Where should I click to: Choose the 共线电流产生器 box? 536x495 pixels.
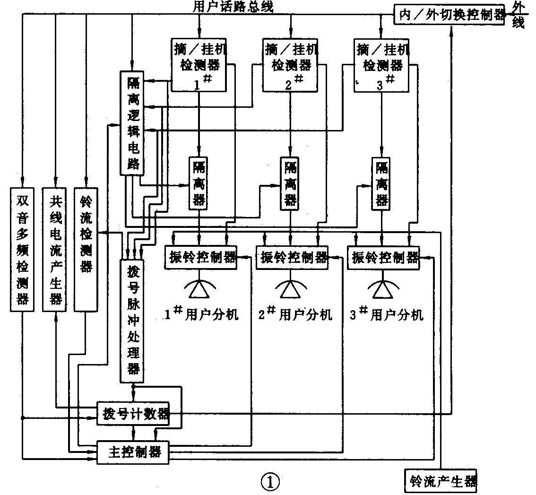click(55, 250)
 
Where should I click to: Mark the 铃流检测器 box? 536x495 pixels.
click(86, 250)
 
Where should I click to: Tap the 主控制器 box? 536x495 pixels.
click(133, 452)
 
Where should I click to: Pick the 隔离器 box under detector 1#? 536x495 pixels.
click(199, 183)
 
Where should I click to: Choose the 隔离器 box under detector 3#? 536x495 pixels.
click(381, 183)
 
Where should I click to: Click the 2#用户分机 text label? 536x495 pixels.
click(295, 314)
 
